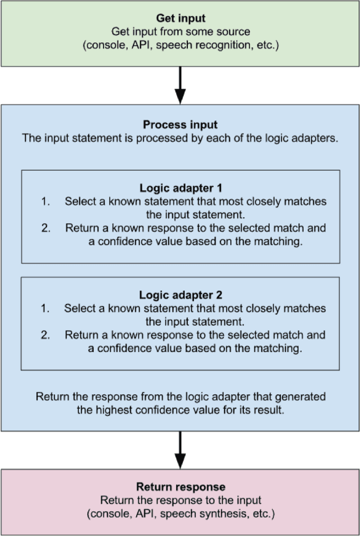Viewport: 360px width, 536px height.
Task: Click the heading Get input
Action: tap(180, 19)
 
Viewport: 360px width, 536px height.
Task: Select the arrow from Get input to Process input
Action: tap(180, 84)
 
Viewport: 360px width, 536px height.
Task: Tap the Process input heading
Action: tap(180, 125)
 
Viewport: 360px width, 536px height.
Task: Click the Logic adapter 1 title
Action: tap(180, 187)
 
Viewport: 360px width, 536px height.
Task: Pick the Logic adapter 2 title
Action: tap(180, 294)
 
